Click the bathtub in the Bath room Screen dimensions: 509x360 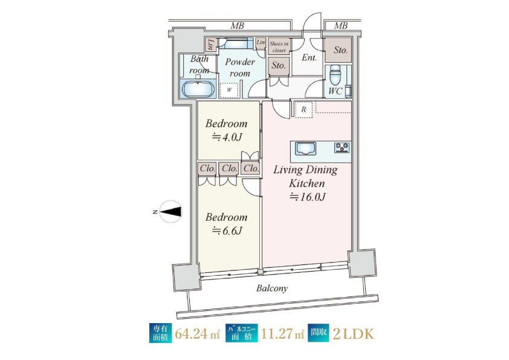[198, 89]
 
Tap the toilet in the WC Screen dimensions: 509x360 [335, 75]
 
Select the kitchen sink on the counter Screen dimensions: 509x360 [305, 149]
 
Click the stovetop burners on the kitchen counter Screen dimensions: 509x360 [342, 147]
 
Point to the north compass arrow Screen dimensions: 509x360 [170, 212]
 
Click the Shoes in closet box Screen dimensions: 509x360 [279, 47]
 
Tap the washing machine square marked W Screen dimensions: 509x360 [230, 90]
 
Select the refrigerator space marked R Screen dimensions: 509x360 [304, 110]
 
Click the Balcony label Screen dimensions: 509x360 [271, 288]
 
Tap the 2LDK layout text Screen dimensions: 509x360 [353, 334]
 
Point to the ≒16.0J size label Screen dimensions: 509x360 [308, 197]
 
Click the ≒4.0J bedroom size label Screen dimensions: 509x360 [227, 137]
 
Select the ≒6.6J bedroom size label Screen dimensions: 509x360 [227, 231]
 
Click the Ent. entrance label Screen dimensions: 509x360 [309, 57]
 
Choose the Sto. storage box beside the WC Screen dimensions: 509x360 [339, 50]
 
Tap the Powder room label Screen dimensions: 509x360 [240, 67]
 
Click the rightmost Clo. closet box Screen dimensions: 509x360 [251, 168]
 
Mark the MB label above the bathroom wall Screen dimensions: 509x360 [238, 25]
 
